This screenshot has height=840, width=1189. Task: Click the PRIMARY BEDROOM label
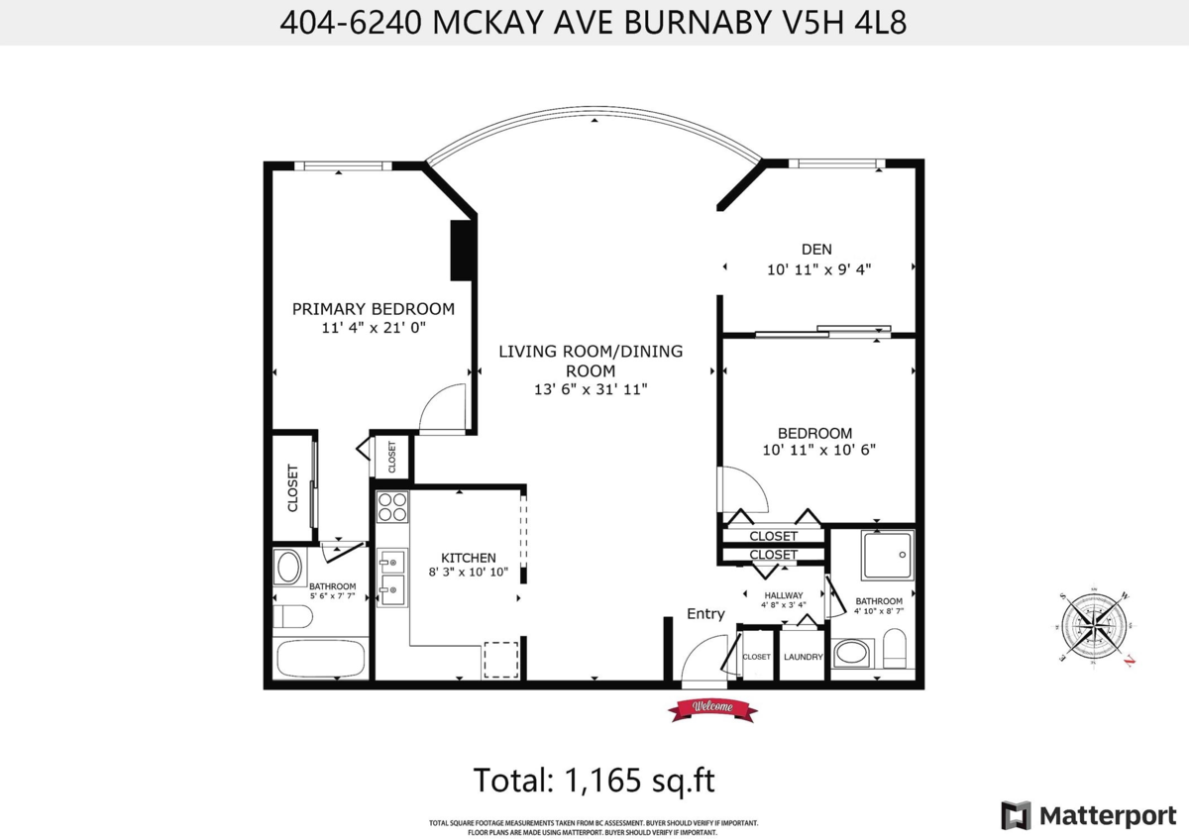click(x=374, y=309)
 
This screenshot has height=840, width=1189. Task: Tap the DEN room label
click(x=816, y=250)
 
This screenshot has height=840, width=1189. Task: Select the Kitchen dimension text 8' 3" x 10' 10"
click(x=469, y=572)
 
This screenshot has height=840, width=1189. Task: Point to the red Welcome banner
click(x=711, y=707)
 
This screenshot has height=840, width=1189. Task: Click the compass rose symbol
click(x=1096, y=628)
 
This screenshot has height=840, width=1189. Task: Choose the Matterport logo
click(x=1088, y=815)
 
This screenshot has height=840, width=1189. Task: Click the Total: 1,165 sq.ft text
click(x=594, y=780)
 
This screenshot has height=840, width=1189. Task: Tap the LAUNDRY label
click(x=804, y=658)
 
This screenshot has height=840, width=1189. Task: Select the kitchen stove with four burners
click(x=392, y=506)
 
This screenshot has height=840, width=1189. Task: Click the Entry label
click(x=705, y=614)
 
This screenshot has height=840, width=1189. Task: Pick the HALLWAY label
click(x=783, y=595)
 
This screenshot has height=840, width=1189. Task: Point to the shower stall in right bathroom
click(x=888, y=555)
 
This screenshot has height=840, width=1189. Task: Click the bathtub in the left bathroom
click(x=319, y=659)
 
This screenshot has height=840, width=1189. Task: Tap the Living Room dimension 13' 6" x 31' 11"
click(x=591, y=389)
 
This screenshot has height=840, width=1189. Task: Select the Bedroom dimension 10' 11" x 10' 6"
click(x=818, y=449)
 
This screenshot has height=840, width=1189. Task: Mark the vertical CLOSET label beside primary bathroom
click(x=293, y=488)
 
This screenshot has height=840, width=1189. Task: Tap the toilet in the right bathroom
click(x=895, y=651)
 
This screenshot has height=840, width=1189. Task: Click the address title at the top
click(x=594, y=23)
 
